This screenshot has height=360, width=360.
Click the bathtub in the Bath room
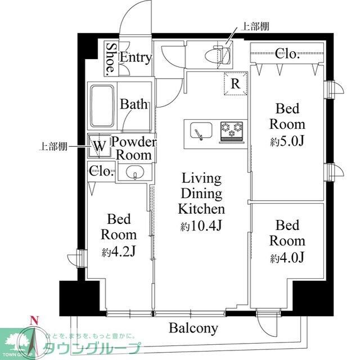(x=103, y=106)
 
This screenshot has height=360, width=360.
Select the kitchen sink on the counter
(x=197, y=130)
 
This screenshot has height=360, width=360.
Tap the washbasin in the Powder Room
(x=135, y=173)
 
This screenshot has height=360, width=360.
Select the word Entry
(x=136, y=57)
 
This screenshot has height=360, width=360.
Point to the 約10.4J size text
(x=201, y=227)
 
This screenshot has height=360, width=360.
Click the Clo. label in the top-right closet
(x=287, y=54)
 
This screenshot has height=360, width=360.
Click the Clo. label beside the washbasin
(x=102, y=172)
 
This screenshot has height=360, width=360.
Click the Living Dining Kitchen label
(x=201, y=194)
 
